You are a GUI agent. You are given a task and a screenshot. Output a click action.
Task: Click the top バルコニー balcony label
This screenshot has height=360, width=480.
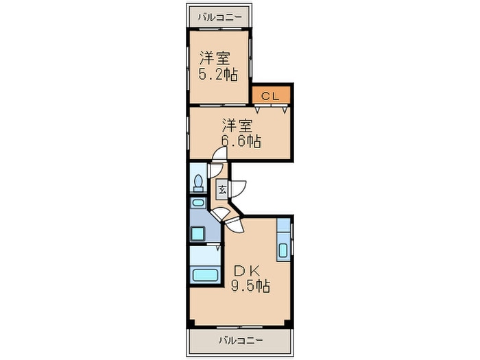[219, 17]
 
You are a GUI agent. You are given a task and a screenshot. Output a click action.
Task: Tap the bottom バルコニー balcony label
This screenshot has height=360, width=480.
[241, 340]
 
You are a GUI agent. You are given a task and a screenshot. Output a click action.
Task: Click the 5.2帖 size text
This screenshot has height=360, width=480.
[218, 74]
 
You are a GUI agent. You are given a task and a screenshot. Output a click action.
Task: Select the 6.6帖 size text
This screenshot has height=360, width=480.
[241, 141]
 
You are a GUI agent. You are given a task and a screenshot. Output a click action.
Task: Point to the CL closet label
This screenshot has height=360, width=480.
[270, 97]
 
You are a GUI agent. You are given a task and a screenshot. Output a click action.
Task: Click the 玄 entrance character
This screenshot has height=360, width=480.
[222, 190]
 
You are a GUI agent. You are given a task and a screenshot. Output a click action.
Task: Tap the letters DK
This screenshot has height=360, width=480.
[247, 271]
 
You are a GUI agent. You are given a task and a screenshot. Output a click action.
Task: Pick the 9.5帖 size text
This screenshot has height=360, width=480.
[250, 286]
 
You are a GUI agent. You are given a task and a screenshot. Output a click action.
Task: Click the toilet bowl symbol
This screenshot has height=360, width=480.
[198, 183]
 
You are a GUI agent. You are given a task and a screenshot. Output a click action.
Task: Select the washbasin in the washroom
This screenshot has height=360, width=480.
[198, 202]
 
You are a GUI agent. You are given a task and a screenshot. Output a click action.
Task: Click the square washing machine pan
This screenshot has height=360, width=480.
[197, 234]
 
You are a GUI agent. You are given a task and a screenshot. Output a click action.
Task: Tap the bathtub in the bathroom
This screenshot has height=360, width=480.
[205, 274]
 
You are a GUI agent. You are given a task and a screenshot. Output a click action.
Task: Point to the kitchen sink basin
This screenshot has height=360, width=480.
[283, 250]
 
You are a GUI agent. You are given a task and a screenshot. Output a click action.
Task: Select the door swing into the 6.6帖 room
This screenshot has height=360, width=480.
[219, 154]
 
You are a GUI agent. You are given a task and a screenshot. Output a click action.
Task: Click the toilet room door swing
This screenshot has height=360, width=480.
[215, 171]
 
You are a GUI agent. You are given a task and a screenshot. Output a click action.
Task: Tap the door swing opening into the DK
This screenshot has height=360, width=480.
[235, 225]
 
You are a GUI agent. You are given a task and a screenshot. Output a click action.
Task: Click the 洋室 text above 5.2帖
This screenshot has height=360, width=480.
[215, 58]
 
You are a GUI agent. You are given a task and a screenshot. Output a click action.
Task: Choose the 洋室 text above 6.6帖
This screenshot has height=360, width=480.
[238, 125]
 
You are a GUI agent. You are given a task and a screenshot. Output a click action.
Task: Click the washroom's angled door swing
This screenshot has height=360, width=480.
[221, 215]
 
